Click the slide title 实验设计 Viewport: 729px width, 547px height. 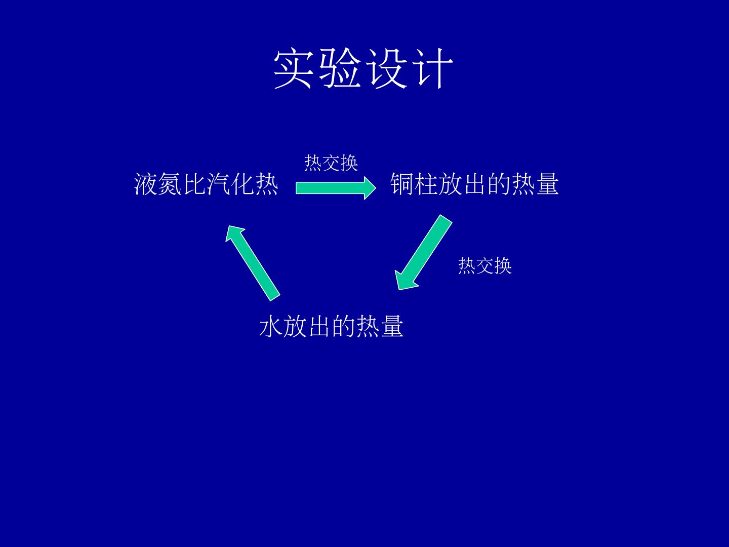coord(363,69)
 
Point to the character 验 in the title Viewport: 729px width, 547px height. coord(340,69)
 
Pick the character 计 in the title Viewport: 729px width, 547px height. coord(431,69)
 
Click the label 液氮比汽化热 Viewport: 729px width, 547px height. coord(206,184)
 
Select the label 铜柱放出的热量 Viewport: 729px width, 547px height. coord(474,184)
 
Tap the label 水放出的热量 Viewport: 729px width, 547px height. coord(331,326)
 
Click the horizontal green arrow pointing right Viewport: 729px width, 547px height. coord(336,188)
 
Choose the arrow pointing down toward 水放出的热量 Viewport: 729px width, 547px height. coord(423,252)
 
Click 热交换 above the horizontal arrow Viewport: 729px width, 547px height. coord(331,163)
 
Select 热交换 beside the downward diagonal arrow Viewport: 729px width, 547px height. coord(485,266)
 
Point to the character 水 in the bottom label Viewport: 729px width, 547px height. coord(271,326)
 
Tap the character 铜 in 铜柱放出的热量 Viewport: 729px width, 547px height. coord(402,184)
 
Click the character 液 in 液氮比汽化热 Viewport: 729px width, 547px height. coord(146,184)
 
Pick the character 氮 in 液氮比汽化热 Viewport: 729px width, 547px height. coord(170,184)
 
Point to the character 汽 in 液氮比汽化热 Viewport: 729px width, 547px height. coord(218,184)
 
